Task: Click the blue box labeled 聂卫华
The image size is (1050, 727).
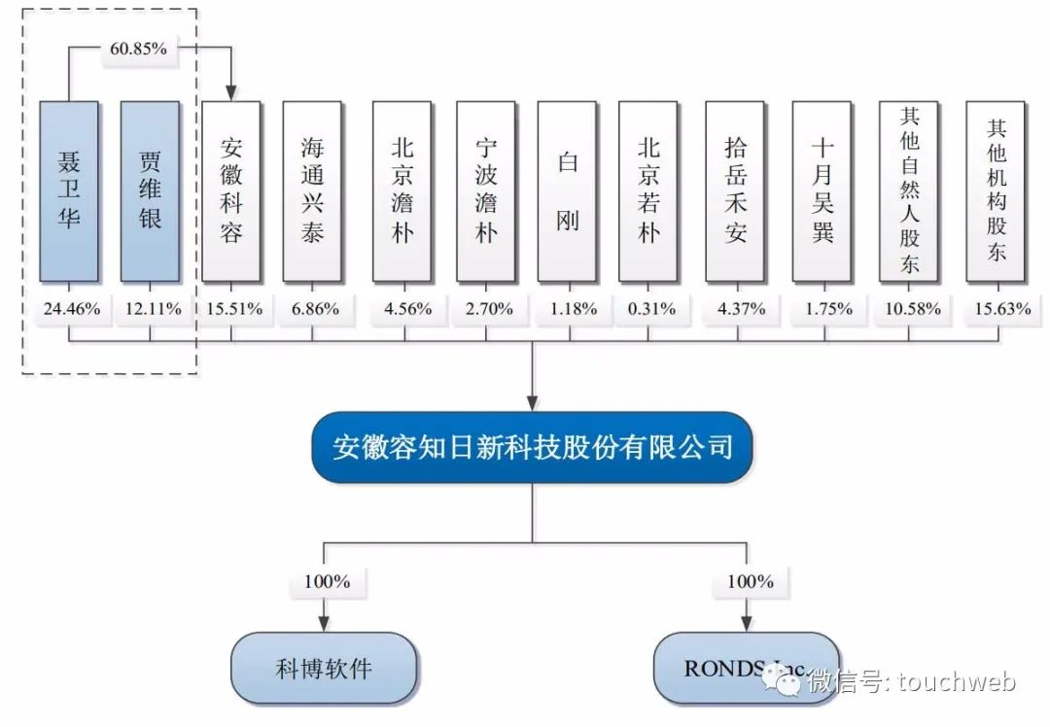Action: coord(69,190)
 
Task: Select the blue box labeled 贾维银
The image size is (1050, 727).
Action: coord(150,190)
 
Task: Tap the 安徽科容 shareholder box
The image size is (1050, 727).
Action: coord(230,190)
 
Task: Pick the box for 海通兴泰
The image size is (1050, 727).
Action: coord(312,190)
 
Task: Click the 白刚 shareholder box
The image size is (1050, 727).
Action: coord(567,190)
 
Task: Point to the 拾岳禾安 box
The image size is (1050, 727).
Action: coord(736,190)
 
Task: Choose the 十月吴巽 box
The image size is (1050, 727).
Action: coord(822,190)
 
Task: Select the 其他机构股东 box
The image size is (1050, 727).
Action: coord(996,190)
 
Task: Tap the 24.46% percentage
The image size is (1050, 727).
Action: coord(69,309)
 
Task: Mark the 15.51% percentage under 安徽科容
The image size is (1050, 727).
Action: coord(231,309)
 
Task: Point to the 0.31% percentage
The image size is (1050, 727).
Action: coord(650,309)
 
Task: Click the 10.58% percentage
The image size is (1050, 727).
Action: coord(909,309)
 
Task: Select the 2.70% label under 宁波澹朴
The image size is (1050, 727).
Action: coord(486,309)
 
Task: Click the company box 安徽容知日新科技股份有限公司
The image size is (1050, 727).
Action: coord(532,448)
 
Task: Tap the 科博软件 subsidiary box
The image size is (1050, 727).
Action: coord(324,669)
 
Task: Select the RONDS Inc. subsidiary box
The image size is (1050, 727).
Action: coord(746,669)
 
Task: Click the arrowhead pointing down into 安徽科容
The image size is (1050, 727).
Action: coord(231,92)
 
